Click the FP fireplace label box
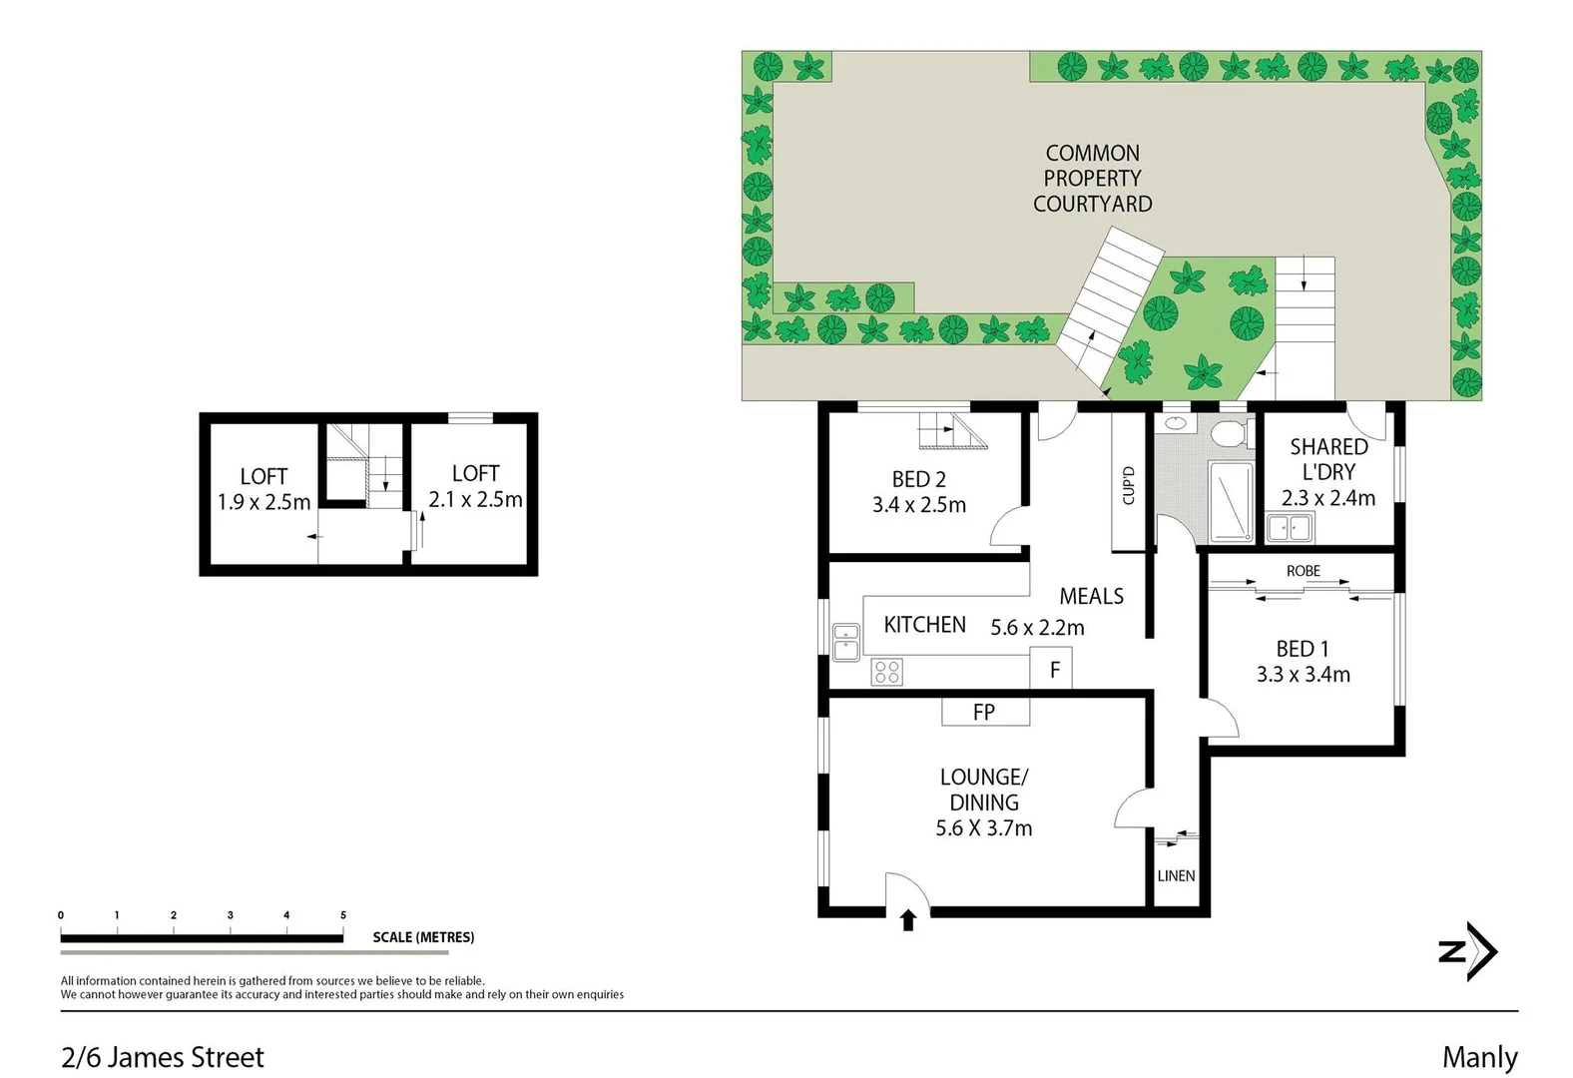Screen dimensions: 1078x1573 [x=984, y=712]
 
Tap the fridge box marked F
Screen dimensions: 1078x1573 [x=1052, y=670]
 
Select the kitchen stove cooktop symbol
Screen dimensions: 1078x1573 [x=886, y=672]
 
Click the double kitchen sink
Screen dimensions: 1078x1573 [x=846, y=642]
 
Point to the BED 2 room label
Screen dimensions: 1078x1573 [x=918, y=479]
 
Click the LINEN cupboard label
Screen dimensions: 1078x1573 [x=1176, y=875]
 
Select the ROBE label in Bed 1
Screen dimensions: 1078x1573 [x=1303, y=570]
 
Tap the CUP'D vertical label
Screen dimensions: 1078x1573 [x=1129, y=486]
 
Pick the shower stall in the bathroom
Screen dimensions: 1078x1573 [x=1230, y=501]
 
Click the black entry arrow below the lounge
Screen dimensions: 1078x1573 [x=908, y=920]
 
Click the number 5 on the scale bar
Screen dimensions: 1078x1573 [x=343, y=915]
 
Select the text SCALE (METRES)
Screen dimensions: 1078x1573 [x=423, y=937]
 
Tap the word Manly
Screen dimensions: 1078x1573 [x=1479, y=1057]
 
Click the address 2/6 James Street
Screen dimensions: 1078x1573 [x=163, y=1057]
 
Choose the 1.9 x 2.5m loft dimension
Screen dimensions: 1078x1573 [x=263, y=502]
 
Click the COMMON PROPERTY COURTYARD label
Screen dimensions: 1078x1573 [x=1092, y=179]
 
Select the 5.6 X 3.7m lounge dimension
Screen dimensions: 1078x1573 [x=983, y=827]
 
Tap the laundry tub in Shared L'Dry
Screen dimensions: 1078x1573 [x=1289, y=527]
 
